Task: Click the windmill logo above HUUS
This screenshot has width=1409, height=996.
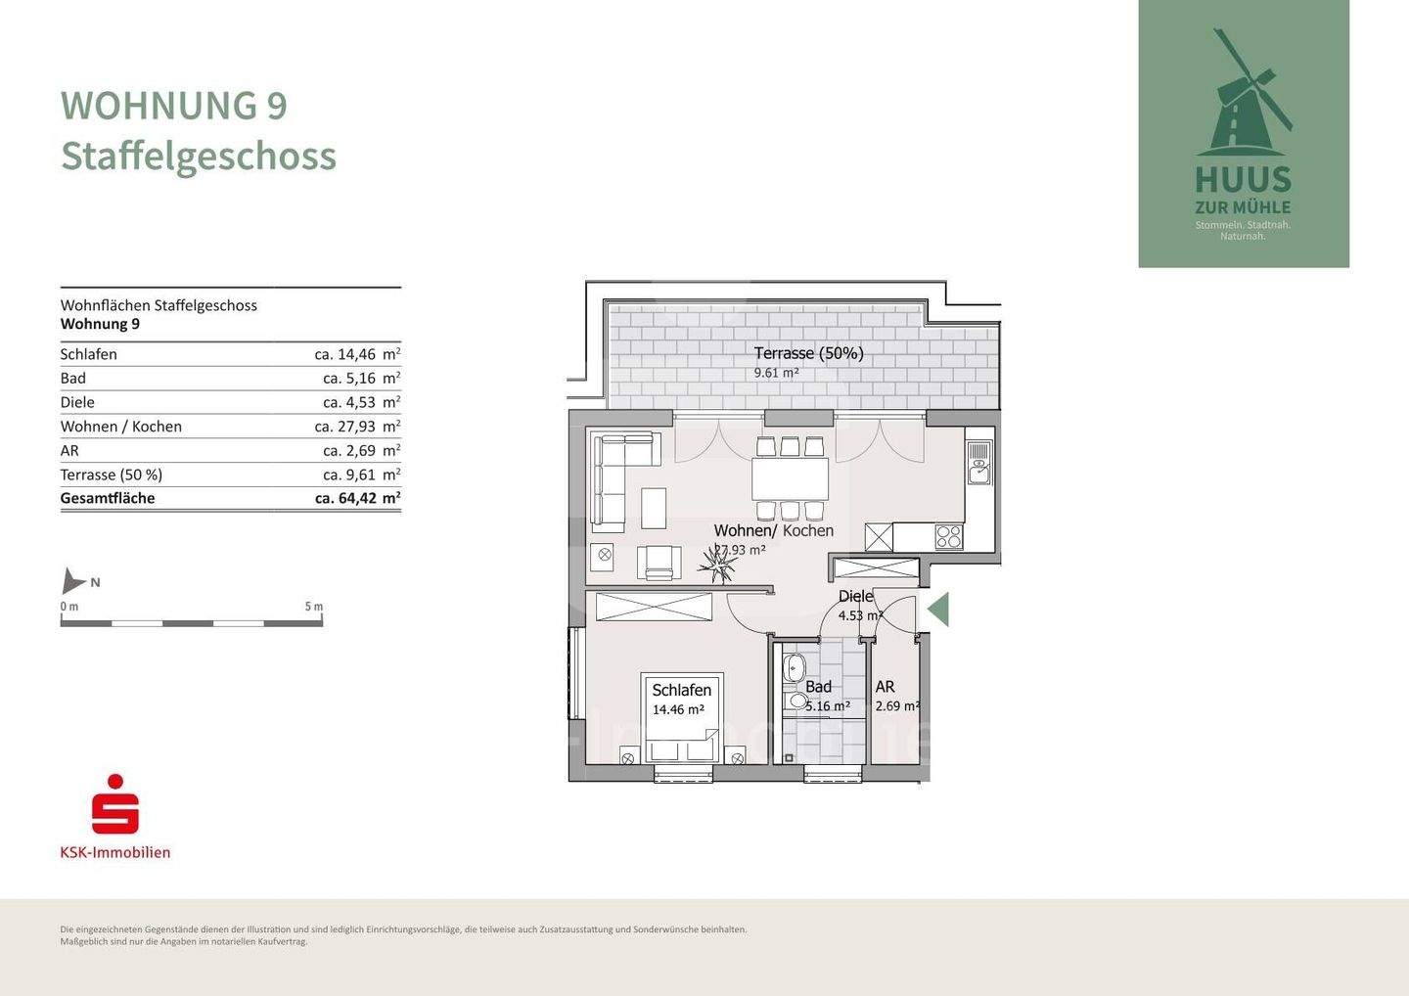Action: [1243, 98]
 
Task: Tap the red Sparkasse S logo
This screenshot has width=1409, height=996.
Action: [115, 805]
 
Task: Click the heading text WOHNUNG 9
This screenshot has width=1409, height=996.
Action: [174, 106]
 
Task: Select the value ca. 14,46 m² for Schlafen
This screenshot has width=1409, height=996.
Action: [357, 354]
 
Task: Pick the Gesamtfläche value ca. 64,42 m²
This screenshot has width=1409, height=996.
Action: [357, 498]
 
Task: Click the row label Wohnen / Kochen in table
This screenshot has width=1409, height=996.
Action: [121, 427]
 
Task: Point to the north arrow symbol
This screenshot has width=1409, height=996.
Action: [73, 581]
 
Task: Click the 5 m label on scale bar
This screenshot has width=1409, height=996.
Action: [313, 607]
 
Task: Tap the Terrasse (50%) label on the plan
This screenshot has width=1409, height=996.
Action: [808, 353]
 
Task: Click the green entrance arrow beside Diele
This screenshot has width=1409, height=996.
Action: [938, 610]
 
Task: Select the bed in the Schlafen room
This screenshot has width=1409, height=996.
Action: [682, 719]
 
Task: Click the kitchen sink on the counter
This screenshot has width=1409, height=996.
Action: [978, 464]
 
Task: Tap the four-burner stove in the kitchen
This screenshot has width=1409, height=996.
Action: [948, 536]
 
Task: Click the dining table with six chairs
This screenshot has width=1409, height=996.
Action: [790, 479]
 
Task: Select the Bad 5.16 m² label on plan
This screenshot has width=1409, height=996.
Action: [824, 696]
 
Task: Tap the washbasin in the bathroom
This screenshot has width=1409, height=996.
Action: [794, 670]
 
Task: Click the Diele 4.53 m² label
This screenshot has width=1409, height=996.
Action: [857, 606]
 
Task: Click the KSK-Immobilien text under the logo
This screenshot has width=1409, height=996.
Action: [115, 852]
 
